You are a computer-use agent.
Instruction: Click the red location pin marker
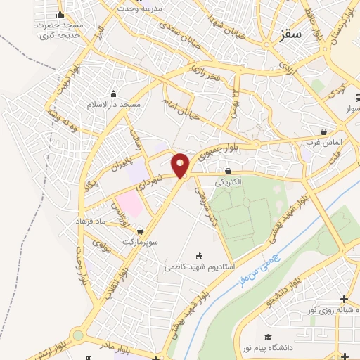181,165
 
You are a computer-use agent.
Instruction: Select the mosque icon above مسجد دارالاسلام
113,94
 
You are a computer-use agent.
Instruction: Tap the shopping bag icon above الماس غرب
323,131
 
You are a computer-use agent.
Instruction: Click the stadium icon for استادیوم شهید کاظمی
200,256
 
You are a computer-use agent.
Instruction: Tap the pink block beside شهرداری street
128,203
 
